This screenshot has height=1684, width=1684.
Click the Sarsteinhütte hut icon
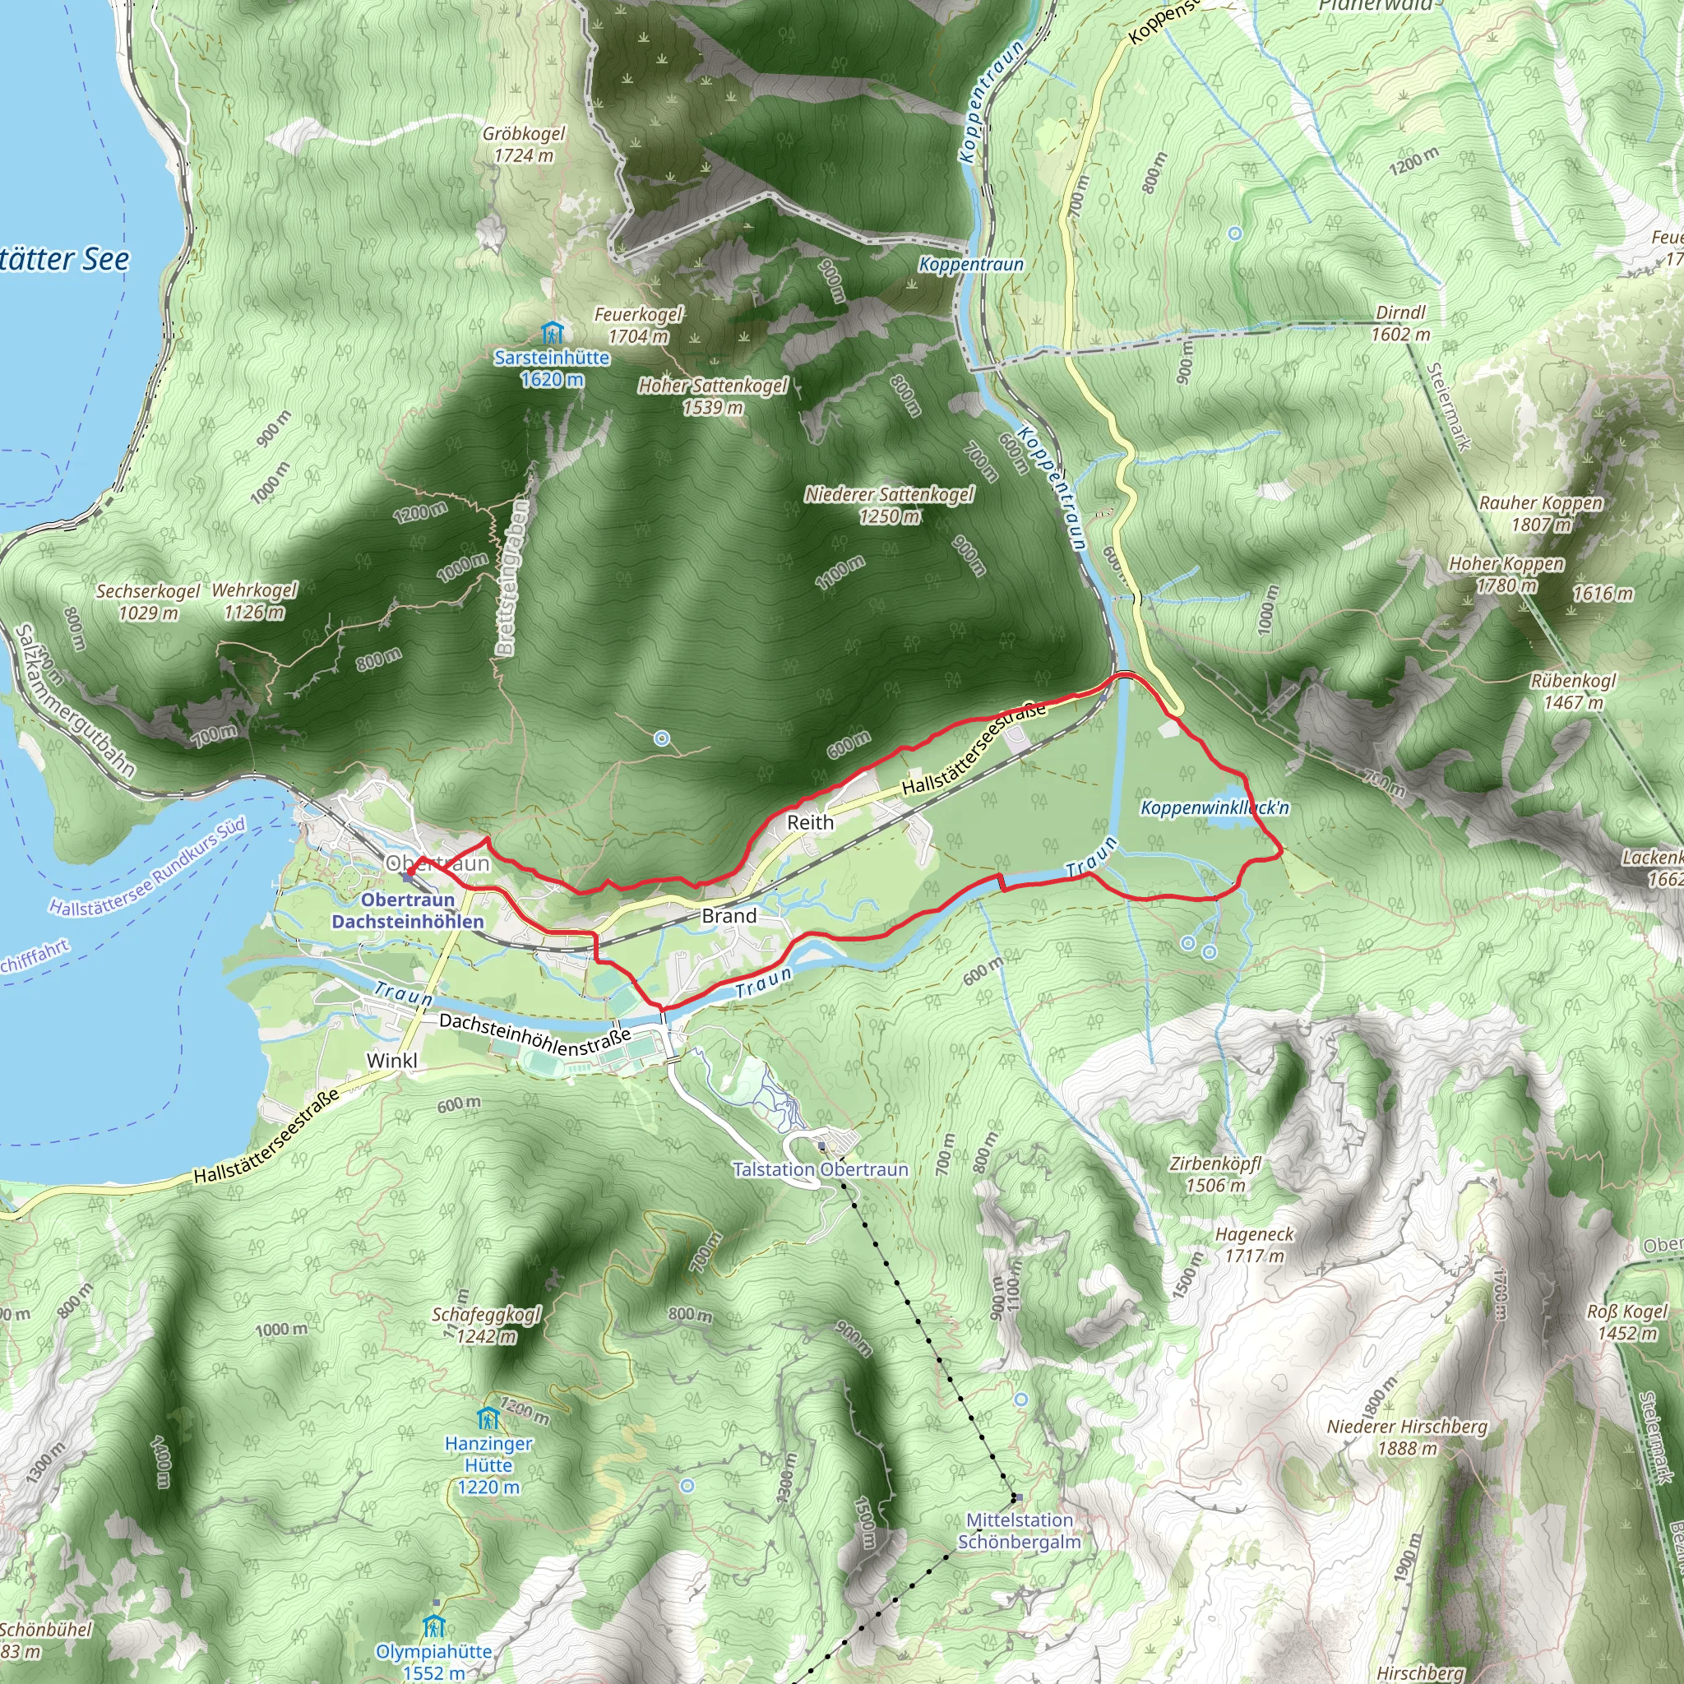(552, 333)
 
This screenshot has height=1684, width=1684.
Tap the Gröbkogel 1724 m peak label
(524, 145)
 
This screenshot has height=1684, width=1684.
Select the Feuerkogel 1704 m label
(639, 325)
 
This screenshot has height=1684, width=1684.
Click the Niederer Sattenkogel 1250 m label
(889, 505)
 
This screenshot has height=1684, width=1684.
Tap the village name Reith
(811, 822)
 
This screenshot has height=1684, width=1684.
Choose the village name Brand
(729, 915)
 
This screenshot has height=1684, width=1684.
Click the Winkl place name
(391, 1060)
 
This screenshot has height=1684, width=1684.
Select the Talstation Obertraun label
(820, 1169)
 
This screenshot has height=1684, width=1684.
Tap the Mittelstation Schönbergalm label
(1019, 1530)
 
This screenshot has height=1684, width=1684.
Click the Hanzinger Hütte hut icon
(488, 1418)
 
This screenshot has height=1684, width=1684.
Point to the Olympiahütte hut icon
(434, 1626)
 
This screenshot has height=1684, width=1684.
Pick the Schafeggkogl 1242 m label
(488, 1325)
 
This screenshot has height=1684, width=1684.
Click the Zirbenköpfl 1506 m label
(1215, 1174)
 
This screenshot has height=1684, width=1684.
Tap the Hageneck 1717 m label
(1254, 1245)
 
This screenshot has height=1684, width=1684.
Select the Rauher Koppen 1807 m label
(1541, 513)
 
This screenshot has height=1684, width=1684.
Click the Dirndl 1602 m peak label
(1400, 323)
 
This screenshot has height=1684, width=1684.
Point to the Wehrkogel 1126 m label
(255, 600)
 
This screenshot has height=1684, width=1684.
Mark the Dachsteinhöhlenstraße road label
(534, 1034)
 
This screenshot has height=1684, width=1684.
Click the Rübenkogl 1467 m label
(1573, 692)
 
